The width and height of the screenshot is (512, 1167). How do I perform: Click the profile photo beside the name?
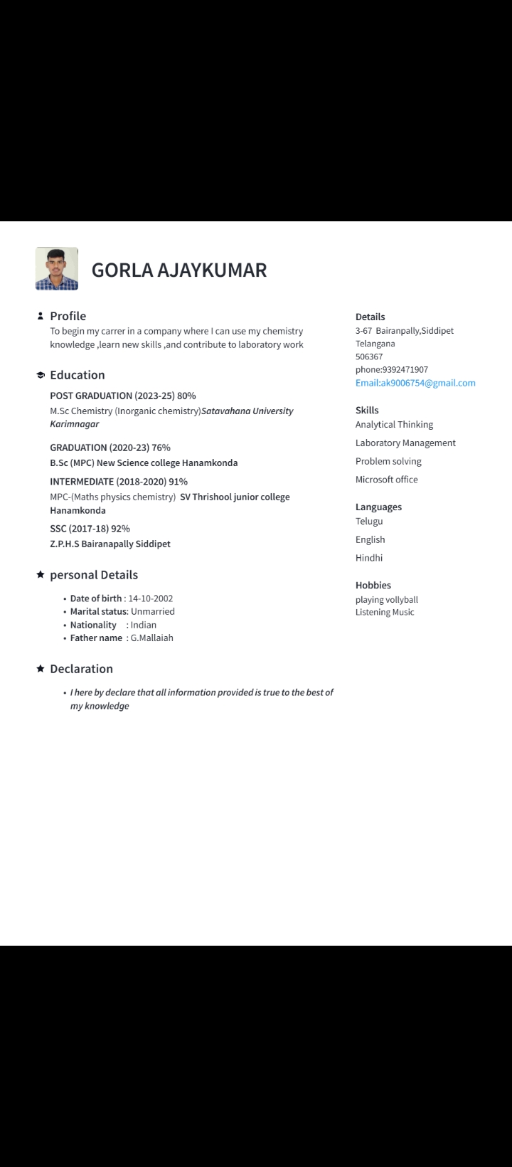(x=57, y=269)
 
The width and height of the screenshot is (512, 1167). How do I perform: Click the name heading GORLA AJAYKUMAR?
(x=179, y=270)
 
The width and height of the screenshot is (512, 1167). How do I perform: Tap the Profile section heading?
(x=68, y=316)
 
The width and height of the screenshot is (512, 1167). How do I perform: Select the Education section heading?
(x=77, y=375)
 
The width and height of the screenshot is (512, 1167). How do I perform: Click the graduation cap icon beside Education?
(x=41, y=375)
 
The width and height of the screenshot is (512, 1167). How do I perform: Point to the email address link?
(x=415, y=383)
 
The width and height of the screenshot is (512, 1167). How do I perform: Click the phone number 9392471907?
(x=405, y=369)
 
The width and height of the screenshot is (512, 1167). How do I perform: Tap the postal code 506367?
(x=369, y=357)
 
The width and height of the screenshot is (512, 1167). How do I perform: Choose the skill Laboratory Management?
(x=405, y=443)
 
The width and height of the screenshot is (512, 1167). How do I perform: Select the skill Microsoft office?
(x=387, y=480)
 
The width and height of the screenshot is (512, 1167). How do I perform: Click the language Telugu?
(x=369, y=522)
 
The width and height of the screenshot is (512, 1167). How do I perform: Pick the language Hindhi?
(x=369, y=558)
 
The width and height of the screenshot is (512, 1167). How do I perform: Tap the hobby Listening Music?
(x=385, y=612)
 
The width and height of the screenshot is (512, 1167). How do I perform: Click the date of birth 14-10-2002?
(x=151, y=598)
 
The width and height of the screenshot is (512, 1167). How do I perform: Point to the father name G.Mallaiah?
(x=151, y=638)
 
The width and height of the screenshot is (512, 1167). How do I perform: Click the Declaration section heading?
(x=81, y=669)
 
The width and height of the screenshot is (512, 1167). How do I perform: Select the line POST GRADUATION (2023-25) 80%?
(x=123, y=396)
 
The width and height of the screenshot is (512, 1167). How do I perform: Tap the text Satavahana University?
(x=247, y=411)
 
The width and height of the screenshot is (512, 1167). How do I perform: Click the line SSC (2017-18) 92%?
(x=90, y=529)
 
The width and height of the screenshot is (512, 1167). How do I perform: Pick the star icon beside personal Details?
(x=41, y=574)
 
